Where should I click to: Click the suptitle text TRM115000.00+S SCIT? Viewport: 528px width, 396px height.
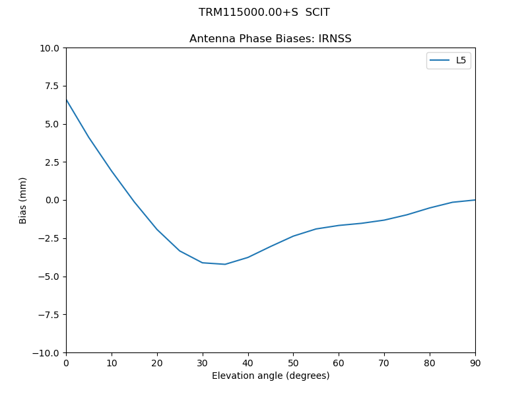tap(264, 13)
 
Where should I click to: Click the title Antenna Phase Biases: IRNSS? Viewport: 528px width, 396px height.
tap(270, 39)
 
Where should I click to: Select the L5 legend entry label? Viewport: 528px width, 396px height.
tap(461, 61)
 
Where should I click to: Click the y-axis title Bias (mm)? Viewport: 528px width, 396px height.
tap(23, 200)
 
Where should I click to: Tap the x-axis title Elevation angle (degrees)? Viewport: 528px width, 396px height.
tap(271, 376)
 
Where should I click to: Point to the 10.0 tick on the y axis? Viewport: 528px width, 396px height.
tap(50, 48)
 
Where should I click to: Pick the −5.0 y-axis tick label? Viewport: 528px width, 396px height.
tap(48, 277)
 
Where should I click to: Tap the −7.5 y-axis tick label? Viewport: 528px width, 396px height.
tap(48, 314)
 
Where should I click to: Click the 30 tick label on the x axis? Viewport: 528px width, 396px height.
tap(203, 363)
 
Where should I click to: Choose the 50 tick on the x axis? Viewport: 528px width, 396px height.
tap(293, 363)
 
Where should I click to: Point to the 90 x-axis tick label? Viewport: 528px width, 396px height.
tap(475, 363)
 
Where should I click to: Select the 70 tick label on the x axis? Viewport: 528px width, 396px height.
tap(384, 363)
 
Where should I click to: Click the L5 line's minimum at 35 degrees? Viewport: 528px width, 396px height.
tap(225, 264)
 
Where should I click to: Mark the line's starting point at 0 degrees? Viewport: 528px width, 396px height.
tap(66, 100)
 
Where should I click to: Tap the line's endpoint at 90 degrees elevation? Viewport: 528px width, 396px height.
tap(475, 200)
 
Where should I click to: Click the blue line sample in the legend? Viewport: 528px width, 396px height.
tap(440, 61)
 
